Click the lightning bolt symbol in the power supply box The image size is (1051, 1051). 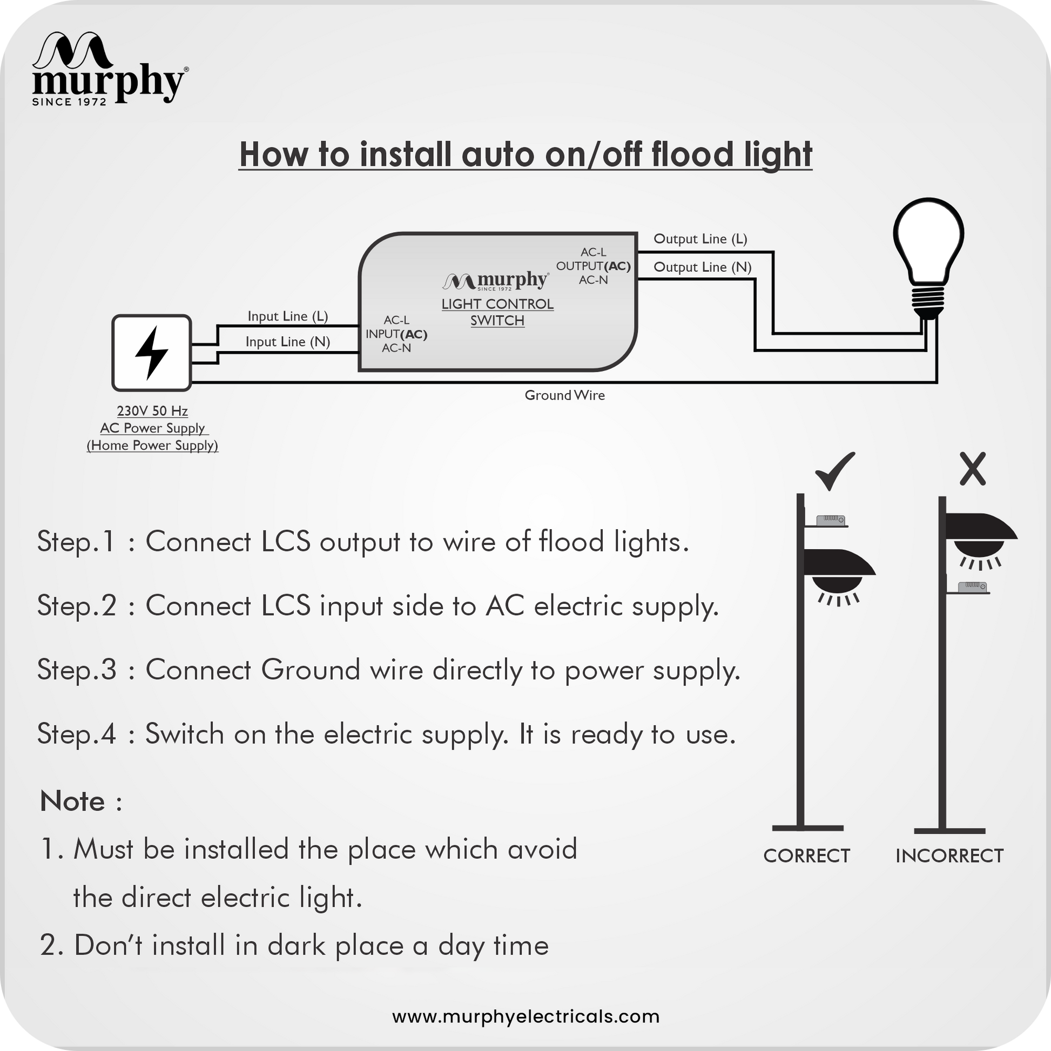pos(151,353)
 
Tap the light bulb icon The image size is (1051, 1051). pos(928,258)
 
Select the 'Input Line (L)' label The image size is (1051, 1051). pos(288,316)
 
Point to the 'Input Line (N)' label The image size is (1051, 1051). pos(288,342)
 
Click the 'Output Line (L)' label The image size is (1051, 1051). pos(700,239)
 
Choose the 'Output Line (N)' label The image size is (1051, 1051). pos(702,267)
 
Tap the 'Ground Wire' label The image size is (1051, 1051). pos(565,395)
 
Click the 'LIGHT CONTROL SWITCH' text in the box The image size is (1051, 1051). pos(498,312)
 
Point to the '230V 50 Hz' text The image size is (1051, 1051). pos(152,410)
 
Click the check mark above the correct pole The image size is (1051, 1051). pos(834,470)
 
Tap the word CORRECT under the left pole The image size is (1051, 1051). pos(807,855)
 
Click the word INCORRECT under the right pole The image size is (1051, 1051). pos(950,855)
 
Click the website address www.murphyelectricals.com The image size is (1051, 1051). pos(525,1016)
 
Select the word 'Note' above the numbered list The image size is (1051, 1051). pos(72,801)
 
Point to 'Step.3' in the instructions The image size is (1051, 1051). pos(77,669)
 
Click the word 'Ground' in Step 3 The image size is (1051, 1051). pos(311,669)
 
